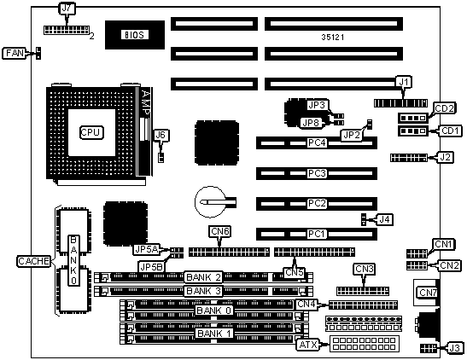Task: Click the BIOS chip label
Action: [x=135, y=35]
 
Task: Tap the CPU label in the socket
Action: [x=91, y=132]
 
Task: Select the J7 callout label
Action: [x=66, y=9]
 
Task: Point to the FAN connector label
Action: [x=15, y=53]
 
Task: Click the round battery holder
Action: [x=210, y=202]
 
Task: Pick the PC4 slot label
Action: [x=317, y=142]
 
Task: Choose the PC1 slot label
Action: [x=316, y=234]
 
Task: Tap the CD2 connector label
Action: [x=444, y=108]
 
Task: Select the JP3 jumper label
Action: [x=318, y=105]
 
